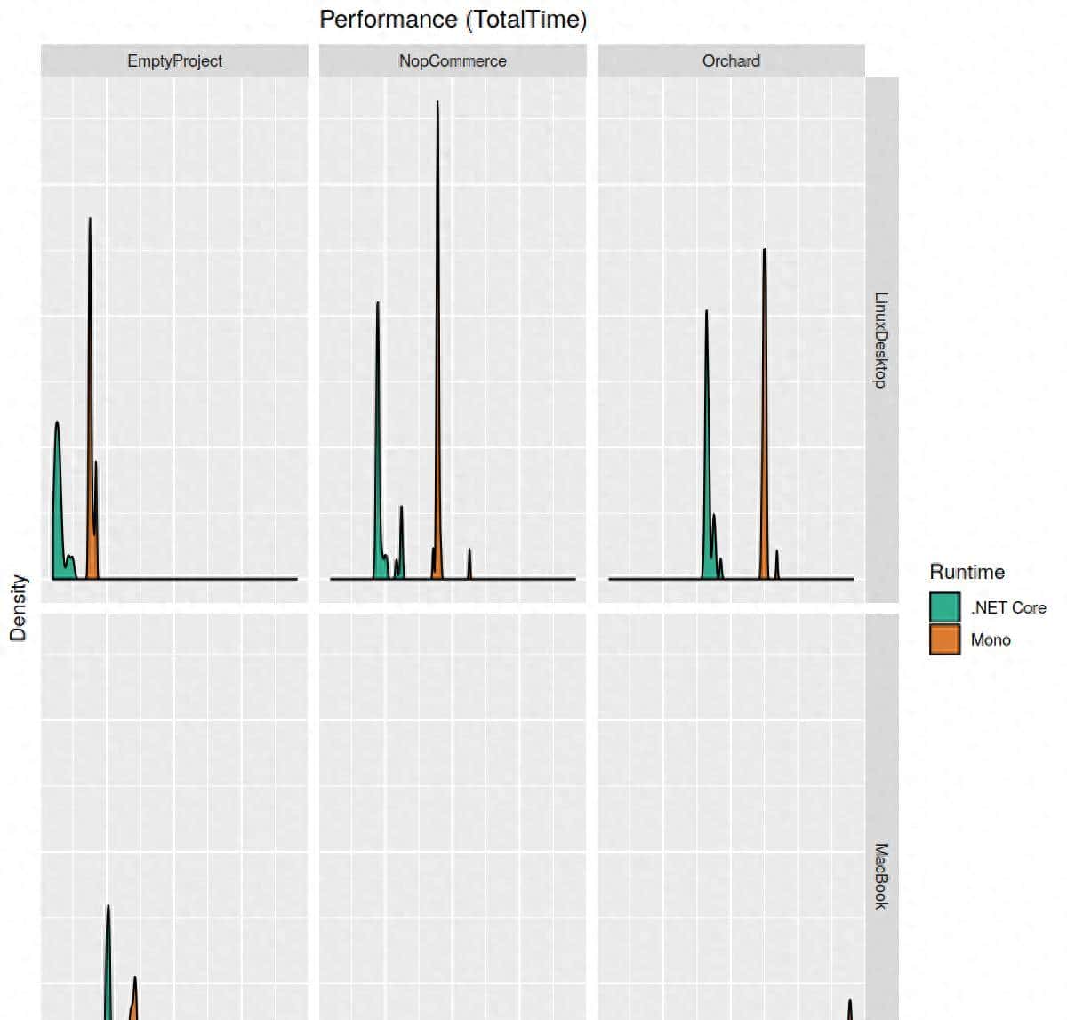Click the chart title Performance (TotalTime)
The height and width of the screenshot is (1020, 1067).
coord(453,20)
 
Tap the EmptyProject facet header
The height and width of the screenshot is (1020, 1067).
coord(174,61)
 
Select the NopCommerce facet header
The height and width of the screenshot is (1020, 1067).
coord(453,61)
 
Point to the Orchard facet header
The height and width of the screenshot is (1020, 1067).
coord(731,61)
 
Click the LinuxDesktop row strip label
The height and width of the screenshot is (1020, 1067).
coord(880,340)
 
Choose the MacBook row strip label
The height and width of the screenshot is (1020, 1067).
coord(880,876)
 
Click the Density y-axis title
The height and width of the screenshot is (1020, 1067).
coord(19,607)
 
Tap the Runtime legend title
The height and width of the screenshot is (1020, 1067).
coord(967,572)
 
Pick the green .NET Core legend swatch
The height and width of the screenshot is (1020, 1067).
coord(944,607)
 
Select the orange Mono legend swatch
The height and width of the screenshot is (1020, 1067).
coord(944,639)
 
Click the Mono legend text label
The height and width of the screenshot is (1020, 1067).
coord(991,639)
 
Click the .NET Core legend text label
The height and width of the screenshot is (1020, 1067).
coord(1008,607)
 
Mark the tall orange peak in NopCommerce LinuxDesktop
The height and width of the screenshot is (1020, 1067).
coord(437,356)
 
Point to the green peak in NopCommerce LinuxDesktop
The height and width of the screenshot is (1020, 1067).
coord(378,445)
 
